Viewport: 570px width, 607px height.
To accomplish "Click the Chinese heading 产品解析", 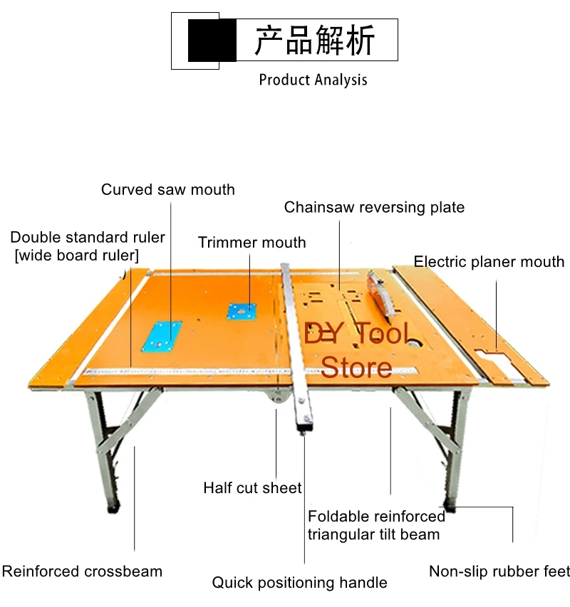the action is pos(314,40).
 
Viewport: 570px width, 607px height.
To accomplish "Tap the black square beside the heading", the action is pos(212,41).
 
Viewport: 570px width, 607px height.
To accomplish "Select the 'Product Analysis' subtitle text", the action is pos(313,79).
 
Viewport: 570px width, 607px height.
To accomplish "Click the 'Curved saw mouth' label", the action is pos(167,189).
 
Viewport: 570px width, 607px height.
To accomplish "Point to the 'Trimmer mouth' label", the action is pos(252,243).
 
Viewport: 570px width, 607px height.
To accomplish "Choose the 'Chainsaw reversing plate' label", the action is pos(374,207).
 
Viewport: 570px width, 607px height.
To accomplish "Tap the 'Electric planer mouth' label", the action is pos(489,262).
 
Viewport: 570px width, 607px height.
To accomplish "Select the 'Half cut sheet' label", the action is pos(252,488).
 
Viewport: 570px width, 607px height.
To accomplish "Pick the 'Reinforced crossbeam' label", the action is pos(82,571).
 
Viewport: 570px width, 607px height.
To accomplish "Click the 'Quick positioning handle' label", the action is pos(299,583).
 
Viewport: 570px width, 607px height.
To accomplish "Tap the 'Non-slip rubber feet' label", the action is pos(499,571).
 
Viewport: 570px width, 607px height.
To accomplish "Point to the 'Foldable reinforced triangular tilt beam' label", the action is pos(376,525).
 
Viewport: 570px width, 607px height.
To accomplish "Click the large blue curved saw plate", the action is pos(161,336).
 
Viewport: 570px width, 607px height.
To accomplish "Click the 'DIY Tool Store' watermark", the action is pos(357,349).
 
